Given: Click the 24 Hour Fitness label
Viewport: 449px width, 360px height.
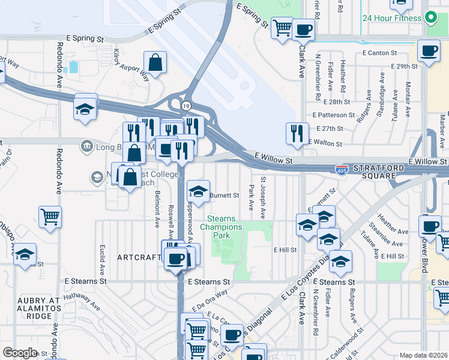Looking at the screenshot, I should (x=391, y=17).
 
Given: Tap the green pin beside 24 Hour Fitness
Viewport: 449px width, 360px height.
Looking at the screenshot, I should (x=430, y=17).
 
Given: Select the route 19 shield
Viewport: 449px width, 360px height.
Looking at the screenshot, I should (x=186, y=106).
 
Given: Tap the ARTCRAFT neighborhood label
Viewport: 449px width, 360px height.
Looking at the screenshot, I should (x=140, y=257).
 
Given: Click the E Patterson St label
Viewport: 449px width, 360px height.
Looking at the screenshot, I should (x=334, y=115).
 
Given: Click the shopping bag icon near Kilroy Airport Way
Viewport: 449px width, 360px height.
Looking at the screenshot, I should (x=155, y=62).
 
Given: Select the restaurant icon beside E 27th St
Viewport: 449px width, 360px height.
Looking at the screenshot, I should (x=297, y=134).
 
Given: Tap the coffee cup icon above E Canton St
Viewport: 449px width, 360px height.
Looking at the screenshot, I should (x=429, y=52).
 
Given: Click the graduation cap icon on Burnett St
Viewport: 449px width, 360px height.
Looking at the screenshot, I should (x=198, y=191).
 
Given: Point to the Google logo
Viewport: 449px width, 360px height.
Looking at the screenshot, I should (x=20, y=353).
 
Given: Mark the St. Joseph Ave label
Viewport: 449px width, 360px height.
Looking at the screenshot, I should (x=263, y=197).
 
